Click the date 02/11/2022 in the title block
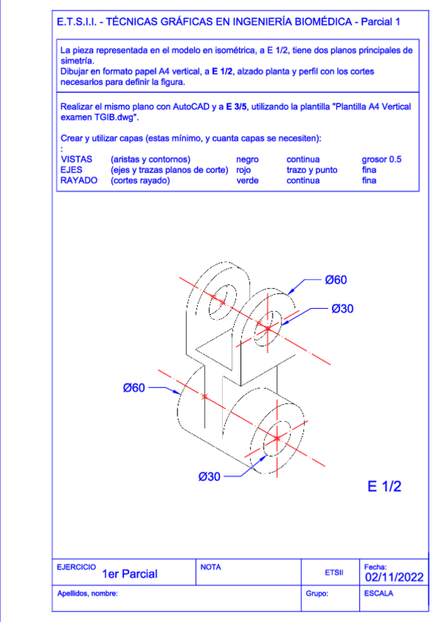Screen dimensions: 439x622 394,577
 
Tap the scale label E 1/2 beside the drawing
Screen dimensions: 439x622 384,486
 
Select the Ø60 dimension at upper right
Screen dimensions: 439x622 336,279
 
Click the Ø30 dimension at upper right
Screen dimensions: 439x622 342,309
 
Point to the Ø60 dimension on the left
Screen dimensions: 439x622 134,387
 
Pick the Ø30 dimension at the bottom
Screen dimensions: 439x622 209,476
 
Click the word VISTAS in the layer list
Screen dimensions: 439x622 76,159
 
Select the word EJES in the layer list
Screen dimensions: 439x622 71,169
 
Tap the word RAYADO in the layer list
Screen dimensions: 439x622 79,180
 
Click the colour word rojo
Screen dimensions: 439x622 243,170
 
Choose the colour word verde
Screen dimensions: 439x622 247,180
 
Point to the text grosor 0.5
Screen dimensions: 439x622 382,159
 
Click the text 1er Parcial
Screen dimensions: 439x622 130,574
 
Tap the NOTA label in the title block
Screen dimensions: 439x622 210,567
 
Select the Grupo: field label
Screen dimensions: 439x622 317,593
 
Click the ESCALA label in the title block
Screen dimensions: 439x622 379,593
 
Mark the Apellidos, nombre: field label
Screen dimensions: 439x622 87,593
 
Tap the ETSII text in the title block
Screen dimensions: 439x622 334,572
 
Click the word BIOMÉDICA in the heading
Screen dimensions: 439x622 323,21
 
